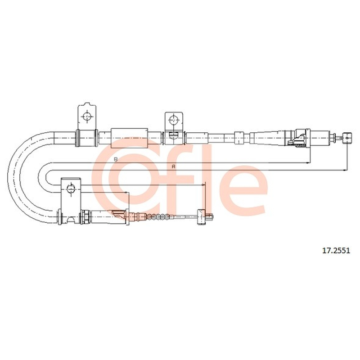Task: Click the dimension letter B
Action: pos(116,159)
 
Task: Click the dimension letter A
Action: pos(174,166)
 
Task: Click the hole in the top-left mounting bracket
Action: pos(87,117)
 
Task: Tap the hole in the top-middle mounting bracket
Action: pos(173,119)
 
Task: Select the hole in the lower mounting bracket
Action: pos(71,189)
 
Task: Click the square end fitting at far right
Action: pos(347,138)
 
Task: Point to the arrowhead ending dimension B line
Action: pos(308,163)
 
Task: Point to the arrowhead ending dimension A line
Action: pos(345,170)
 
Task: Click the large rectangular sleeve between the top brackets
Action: pos(129,138)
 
